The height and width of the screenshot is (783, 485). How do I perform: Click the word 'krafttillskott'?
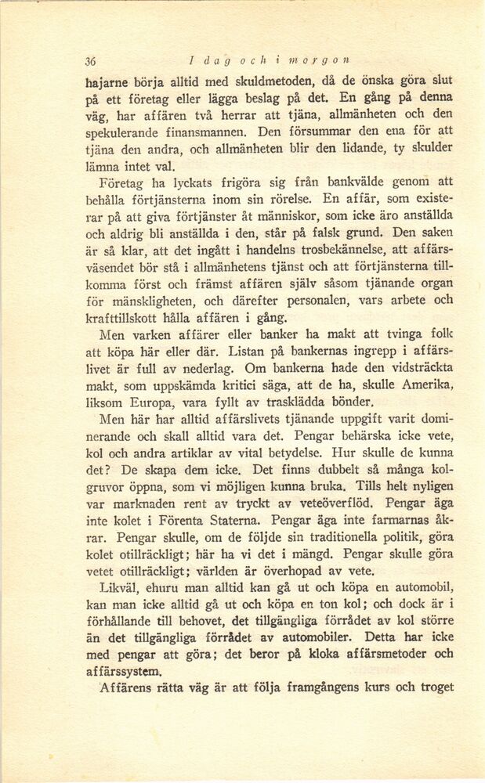123,317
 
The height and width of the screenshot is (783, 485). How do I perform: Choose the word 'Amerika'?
426,384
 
